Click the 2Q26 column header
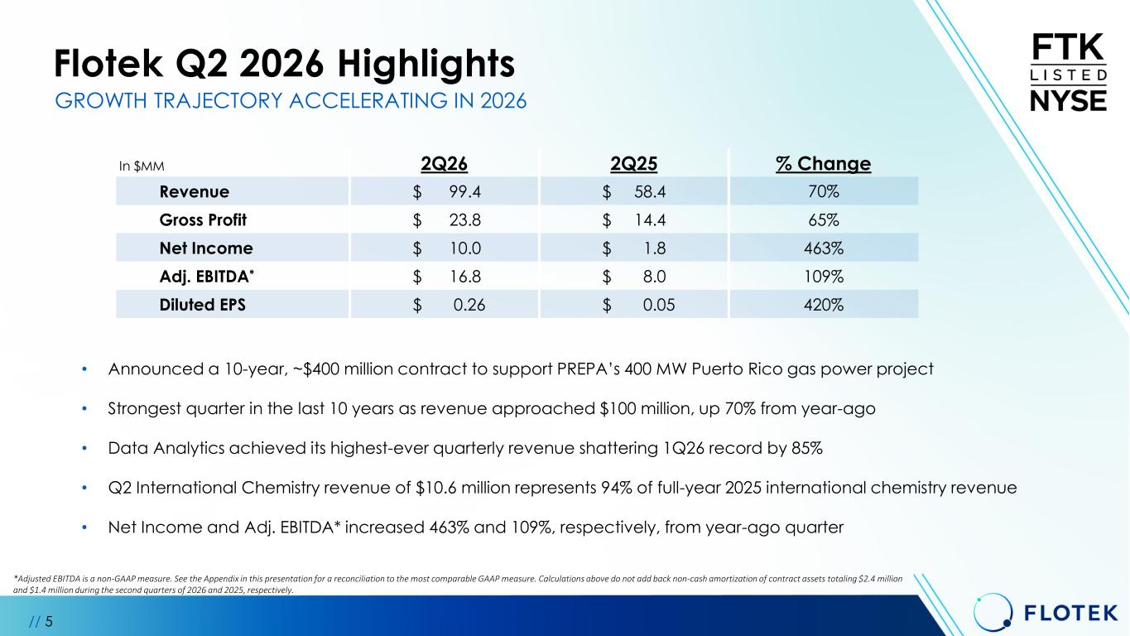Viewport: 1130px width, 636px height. click(444, 163)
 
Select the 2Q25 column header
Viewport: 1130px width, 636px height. click(633, 163)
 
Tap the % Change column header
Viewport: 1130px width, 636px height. click(823, 163)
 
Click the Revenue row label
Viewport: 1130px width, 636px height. click(195, 192)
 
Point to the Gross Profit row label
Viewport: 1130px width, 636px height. click(203, 220)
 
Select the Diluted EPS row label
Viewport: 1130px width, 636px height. click(202, 305)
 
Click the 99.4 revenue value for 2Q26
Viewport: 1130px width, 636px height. click(465, 192)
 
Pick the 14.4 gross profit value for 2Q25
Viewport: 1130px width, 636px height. click(650, 220)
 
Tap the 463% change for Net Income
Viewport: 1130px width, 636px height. click(823, 248)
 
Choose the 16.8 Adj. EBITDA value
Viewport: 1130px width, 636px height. click(465, 277)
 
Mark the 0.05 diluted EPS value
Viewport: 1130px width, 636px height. click(659, 305)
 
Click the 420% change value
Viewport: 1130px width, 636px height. click(823, 305)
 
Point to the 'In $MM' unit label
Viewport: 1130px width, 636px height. click(142, 166)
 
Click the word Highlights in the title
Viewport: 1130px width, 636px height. click(426, 64)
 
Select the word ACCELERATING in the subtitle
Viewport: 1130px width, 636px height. click(368, 100)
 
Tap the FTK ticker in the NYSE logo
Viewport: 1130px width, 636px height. click(1068, 47)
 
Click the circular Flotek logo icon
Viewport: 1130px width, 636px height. click(993, 612)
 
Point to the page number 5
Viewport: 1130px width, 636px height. click(49, 621)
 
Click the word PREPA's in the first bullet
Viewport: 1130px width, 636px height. click(589, 369)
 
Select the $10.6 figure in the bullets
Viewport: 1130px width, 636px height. click(435, 488)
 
